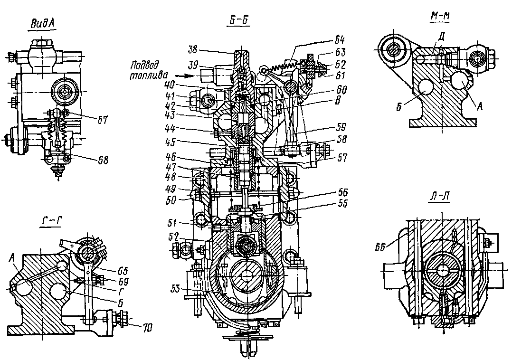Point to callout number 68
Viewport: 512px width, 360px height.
[102, 161]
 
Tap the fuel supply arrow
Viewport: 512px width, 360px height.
[185, 75]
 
